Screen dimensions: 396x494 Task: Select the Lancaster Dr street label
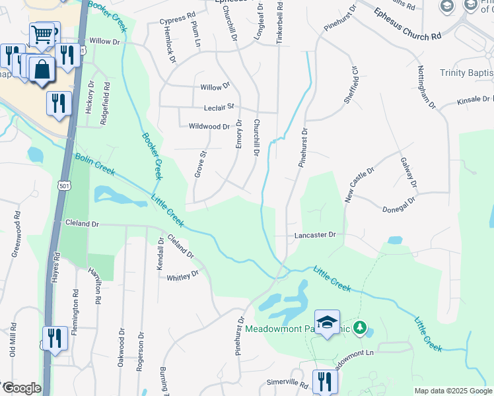point(315,235)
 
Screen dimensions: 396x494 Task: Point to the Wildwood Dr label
point(209,126)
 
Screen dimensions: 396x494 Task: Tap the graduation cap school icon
point(327,321)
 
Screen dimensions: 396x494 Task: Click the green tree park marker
point(360,327)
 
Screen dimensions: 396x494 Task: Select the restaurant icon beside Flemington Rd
point(55,338)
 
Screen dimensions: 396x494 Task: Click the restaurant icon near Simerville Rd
point(324,381)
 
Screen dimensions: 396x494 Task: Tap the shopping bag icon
point(42,69)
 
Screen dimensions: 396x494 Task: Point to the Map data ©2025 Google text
point(452,391)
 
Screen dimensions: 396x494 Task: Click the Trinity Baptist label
point(466,73)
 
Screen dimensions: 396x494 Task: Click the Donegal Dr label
point(399,205)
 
